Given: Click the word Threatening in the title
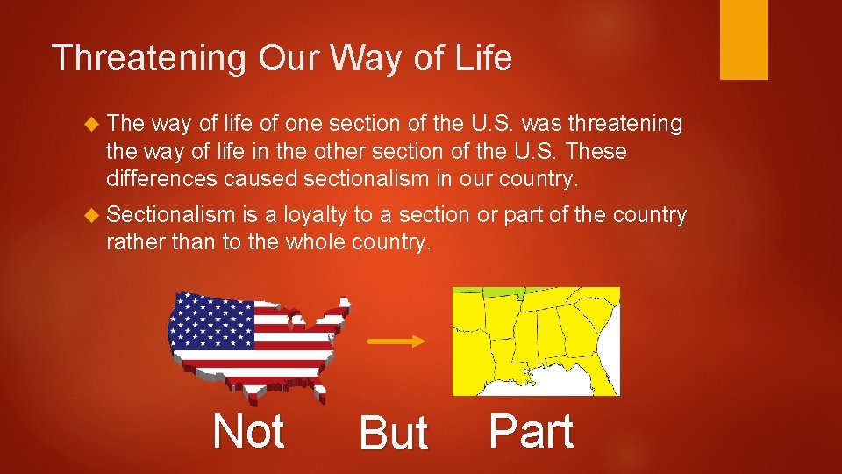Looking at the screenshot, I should (x=150, y=59).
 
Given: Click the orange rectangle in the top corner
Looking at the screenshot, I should (x=744, y=39).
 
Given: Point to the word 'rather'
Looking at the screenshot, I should (x=136, y=242).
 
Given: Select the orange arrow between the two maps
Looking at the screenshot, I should (x=395, y=341).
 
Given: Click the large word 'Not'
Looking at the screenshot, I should (x=248, y=432).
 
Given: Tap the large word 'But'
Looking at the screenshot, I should (x=393, y=434).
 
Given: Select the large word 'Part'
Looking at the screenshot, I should (x=531, y=432).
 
